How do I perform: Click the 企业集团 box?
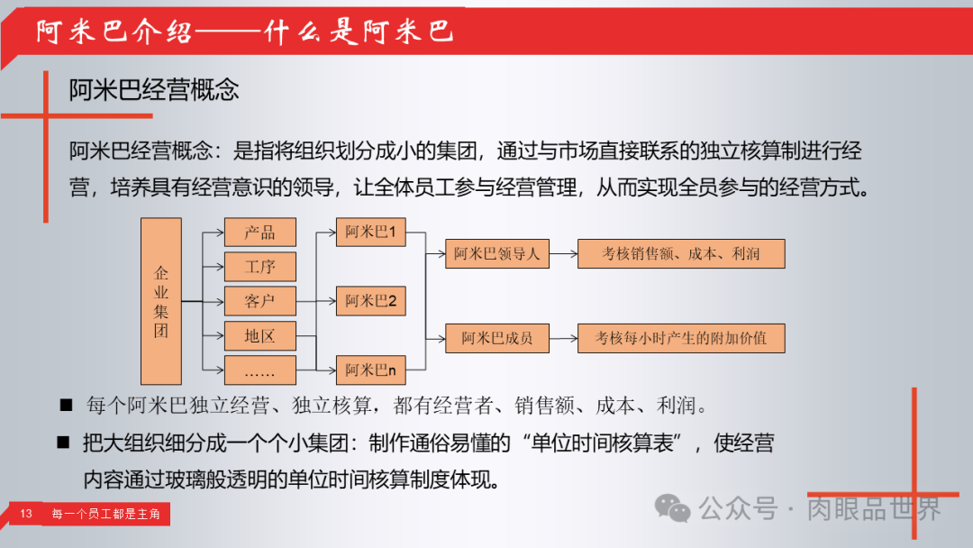coord(161,301)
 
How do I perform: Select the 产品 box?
coord(259,233)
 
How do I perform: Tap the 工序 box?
coord(259,267)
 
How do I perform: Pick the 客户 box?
coord(259,301)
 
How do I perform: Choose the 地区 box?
coord(259,336)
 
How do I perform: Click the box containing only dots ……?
coord(259,370)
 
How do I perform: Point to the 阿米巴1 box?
coord(371,233)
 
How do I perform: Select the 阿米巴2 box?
coord(371,301)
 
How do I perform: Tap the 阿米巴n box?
coord(371,370)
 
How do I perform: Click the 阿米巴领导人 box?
coord(497,254)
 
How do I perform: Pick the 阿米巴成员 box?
coord(497,338)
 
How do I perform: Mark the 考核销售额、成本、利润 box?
coord(681,254)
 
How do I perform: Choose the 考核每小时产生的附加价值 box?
coord(681,338)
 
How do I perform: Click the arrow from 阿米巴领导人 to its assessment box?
coord(563,254)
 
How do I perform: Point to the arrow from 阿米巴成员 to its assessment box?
coord(563,338)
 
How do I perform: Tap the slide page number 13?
coord(26,514)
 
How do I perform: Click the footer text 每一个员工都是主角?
coord(105,514)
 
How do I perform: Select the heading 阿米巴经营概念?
coord(154,90)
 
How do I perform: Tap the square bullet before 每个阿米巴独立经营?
coord(66,406)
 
